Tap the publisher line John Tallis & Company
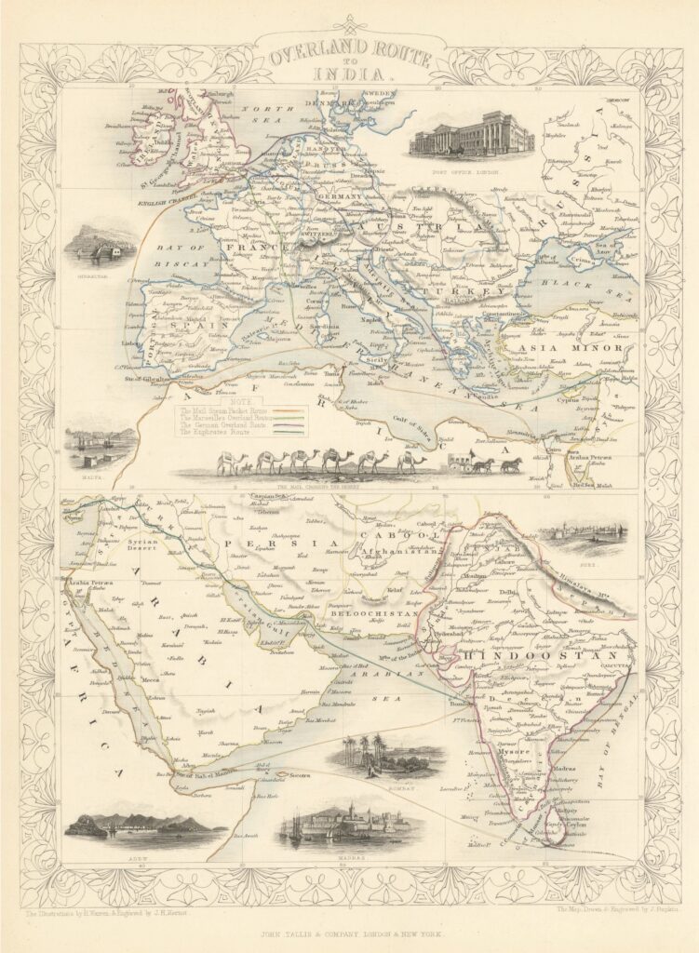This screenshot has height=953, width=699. (350, 932)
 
